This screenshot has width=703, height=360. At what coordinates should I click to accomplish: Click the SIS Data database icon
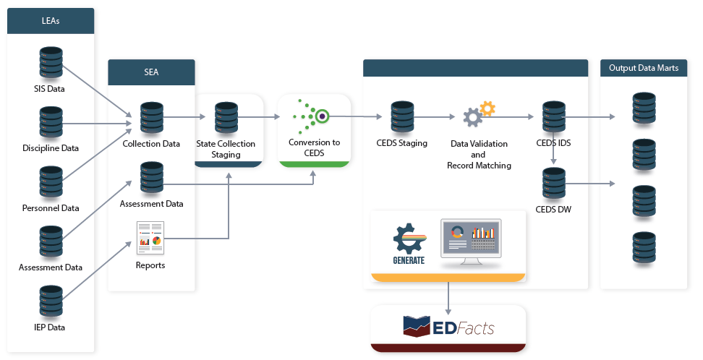(51, 64)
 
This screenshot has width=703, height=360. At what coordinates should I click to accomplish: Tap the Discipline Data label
(51, 148)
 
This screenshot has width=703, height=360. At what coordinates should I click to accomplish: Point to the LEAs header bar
(51, 21)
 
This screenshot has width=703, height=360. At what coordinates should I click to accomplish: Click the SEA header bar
(151, 72)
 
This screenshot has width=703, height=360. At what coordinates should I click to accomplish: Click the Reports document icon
(150, 238)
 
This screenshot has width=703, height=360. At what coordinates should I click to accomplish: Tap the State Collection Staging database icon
(226, 118)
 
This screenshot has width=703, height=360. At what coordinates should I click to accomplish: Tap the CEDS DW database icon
(553, 184)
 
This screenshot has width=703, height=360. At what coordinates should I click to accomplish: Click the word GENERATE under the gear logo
(409, 260)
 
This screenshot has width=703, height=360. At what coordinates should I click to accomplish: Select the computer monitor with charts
(471, 241)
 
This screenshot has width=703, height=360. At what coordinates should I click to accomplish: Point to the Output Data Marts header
(643, 68)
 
